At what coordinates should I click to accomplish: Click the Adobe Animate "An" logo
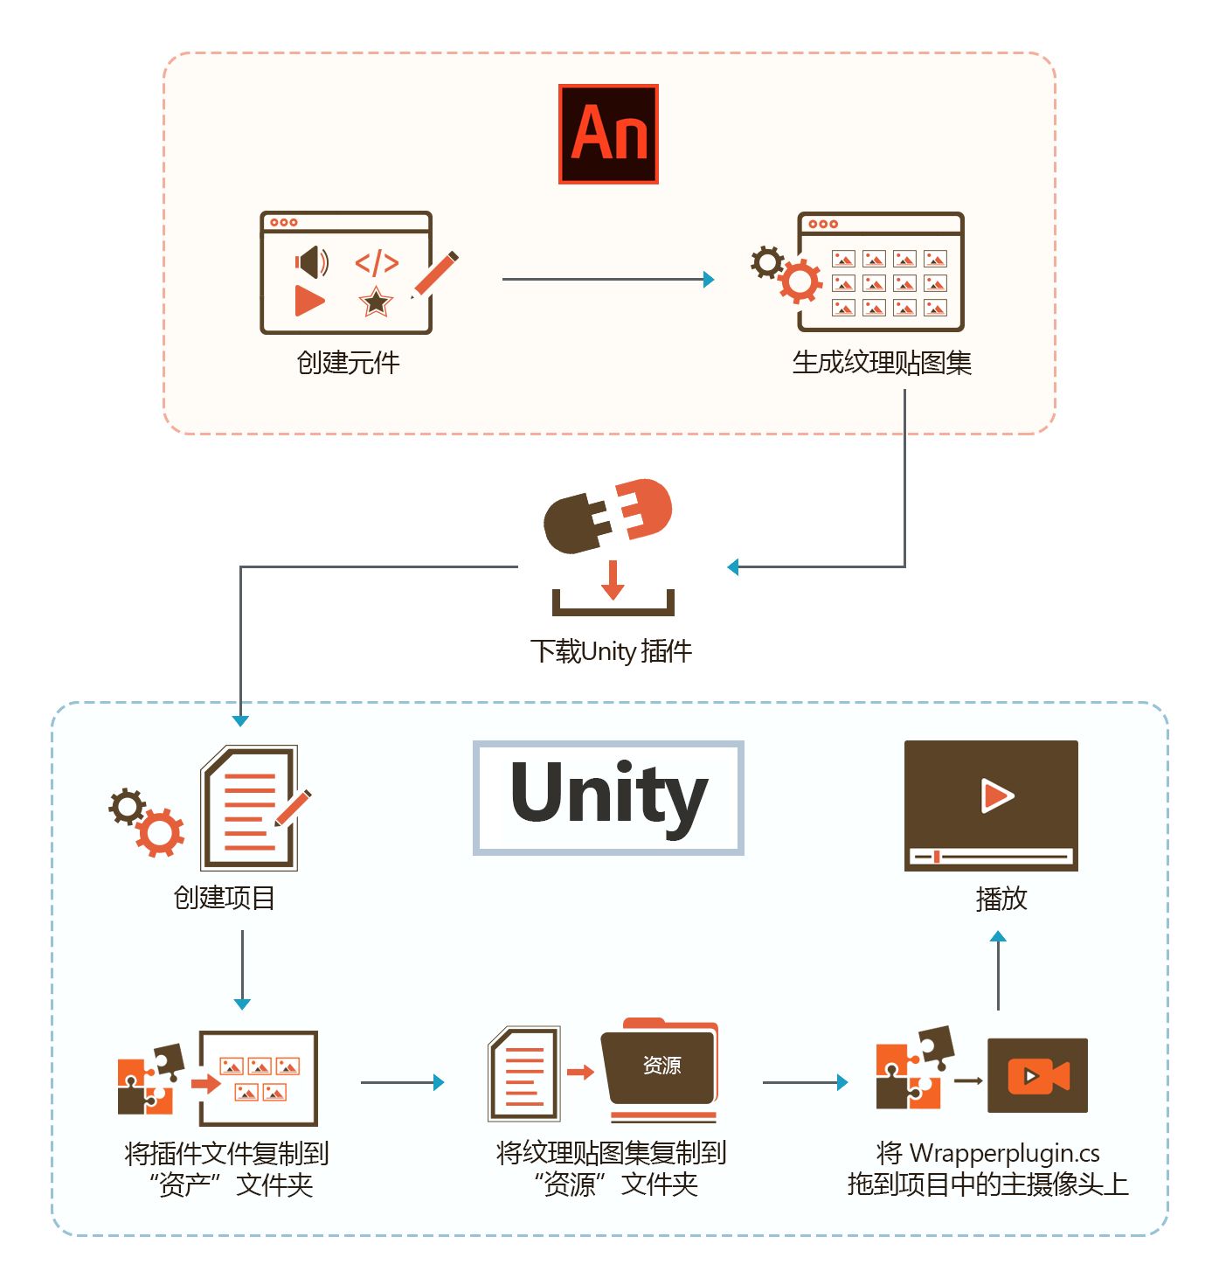pyautogui.click(x=608, y=134)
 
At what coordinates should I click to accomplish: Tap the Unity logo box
pyautogui.click(x=608, y=797)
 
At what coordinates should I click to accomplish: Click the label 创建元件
pyautogui.click(x=348, y=363)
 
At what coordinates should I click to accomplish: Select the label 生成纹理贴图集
pyautogui.click(x=882, y=363)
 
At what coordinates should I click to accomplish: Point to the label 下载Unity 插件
pyautogui.click(x=611, y=651)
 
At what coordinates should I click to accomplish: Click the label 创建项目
pyautogui.click(x=225, y=898)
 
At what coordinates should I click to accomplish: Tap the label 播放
pyautogui.click(x=1001, y=899)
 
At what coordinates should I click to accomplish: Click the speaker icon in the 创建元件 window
pyautogui.click(x=311, y=261)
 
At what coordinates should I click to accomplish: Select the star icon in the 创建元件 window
pyautogui.click(x=376, y=302)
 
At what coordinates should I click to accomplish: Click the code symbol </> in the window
pyautogui.click(x=377, y=262)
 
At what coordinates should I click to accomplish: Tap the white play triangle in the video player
pyautogui.click(x=996, y=795)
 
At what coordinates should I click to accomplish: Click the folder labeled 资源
pyautogui.click(x=661, y=1066)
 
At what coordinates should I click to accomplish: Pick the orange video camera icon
pyautogui.click(x=1038, y=1076)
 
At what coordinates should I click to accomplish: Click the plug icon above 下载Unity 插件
pyautogui.click(x=607, y=515)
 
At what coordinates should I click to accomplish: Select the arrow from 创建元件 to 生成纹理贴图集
pyautogui.click(x=608, y=280)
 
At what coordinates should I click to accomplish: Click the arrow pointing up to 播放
pyautogui.click(x=998, y=970)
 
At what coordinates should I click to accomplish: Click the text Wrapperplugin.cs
pyautogui.click(x=1005, y=1154)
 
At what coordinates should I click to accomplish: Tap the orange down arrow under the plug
pyautogui.click(x=613, y=580)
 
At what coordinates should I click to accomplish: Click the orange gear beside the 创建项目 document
pyautogui.click(x=159, y=833)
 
